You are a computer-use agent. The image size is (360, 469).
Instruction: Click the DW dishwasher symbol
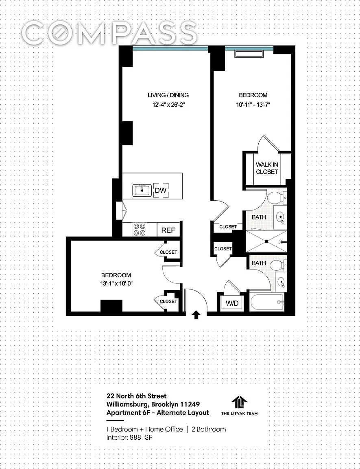pyautogui.click(x=161, y=190)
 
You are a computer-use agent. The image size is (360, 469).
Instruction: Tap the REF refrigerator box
pyautogui.click(x=168, y=230)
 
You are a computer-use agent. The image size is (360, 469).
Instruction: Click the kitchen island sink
pyautogui.click(x=142, y=191)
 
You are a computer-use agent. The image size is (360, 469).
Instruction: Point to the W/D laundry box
pyautogui.click(x=232, y=303)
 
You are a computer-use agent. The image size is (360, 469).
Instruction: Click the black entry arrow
pyautogui.click(x=196, y=315)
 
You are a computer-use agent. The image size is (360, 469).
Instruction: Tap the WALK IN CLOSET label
pyautogui.click(x=267, y=168)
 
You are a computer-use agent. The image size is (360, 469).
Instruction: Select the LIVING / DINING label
pyautogui.click(x=168, y=95)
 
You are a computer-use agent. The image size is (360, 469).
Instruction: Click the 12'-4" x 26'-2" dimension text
pyautogui.click(x=169, y=105)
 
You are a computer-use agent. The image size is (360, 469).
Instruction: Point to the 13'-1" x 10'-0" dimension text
pyautogui.click(x=116, y=283)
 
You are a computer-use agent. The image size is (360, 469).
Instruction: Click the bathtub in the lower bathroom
pyautogui.click(x=267, y=303)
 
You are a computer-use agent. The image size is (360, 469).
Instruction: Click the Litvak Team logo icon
pyautogui.click(x=239, y=402)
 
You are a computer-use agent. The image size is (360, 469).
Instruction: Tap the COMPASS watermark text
pyautogui.click(x=109, y=33)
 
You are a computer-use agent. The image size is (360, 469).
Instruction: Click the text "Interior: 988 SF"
pyautogui.click(x=129, y=437)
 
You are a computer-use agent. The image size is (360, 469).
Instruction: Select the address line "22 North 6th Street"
pyautogui.click(x=137, y=396)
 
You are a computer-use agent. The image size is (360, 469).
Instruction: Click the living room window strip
pyautogui.click(x=170, y=48)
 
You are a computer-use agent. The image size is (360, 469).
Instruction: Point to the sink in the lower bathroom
pyautogui.click(x=281, y=281)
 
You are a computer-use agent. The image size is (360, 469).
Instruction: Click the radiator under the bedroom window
pyautogui.click(x=249, y=54)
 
